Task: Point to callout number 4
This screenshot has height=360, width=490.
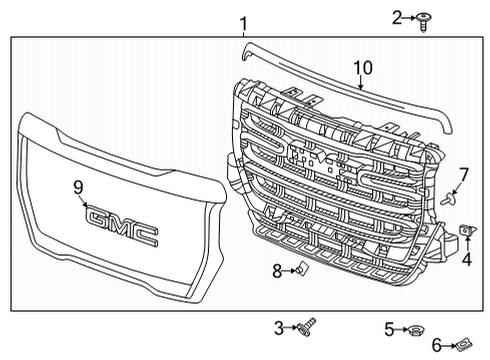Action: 466,261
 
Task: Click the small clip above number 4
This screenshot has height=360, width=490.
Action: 466,233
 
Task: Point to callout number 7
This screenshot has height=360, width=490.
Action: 463,174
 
